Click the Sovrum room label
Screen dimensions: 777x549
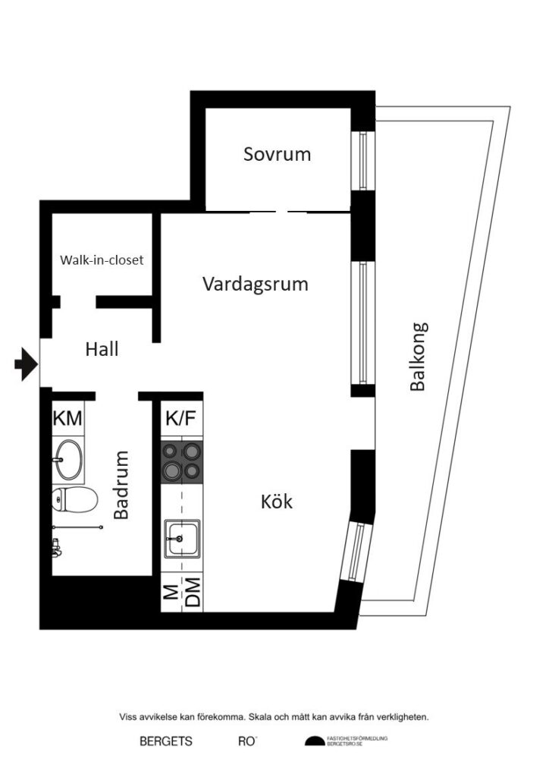tap(277, 154)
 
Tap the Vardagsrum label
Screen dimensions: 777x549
tap(255, 284)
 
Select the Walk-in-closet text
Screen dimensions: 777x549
tap(102, 260)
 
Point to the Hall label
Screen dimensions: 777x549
tap(102, 350)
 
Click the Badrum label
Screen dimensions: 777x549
tap(121, 486)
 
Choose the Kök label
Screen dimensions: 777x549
tap(276, 502)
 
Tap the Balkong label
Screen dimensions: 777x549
tap(418, 357)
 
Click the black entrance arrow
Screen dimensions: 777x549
tap(26, 365)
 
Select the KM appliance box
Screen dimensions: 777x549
tap(68, 418)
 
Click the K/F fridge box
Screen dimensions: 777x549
tap(182, 418)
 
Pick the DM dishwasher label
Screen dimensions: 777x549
tap(193, 593)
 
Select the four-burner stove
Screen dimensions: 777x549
tap(182, 462)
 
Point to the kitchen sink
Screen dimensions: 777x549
tap(181, 539)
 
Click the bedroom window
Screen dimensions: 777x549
tap(362, 161)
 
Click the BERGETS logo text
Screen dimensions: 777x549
tap(166, 741)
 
